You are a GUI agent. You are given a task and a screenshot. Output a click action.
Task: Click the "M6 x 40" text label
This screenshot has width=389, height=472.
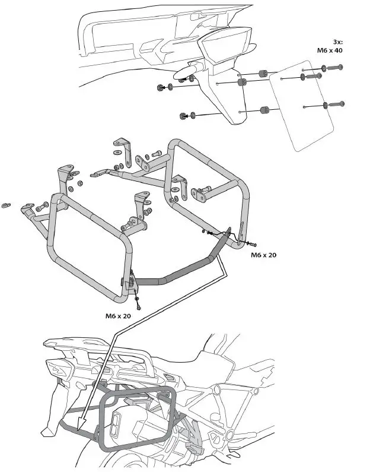330,50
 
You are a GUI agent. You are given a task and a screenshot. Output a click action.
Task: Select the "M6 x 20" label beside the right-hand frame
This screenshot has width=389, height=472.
263,255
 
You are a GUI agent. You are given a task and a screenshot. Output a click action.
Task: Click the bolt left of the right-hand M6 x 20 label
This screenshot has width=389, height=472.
253,243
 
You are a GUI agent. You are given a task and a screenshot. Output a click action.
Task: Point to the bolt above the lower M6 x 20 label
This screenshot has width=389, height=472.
138,305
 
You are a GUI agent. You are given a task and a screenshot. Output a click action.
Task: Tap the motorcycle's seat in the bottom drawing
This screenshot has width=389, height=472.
196,362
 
